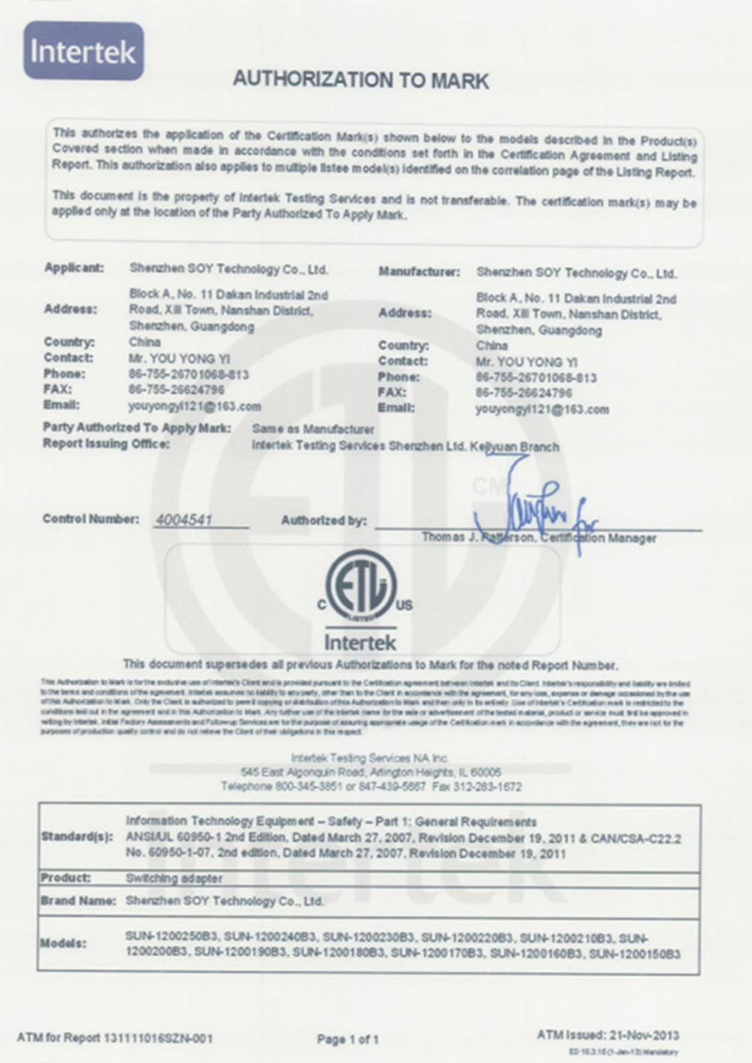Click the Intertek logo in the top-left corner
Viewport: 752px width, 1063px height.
click(83, 51)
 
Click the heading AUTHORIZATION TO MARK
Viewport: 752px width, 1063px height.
click(361, 80)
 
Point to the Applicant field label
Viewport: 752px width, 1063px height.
click(74, 268)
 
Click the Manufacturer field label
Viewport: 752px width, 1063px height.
click(418, 272)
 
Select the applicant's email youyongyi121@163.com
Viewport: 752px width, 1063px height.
click(195, 406)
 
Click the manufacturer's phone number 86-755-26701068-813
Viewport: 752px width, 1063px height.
click(535, 378)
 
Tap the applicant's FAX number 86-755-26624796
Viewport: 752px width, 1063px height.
click(176, 390)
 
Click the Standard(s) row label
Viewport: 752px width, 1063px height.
click(76, 837)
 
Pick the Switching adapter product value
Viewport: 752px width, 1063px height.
click(174, 878)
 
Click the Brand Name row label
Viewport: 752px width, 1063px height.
click(78, 901)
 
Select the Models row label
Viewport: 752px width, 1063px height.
click(63, 943)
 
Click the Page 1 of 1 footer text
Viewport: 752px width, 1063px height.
click(348, 1039)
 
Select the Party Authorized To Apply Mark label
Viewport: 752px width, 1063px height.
click(137, 428)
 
